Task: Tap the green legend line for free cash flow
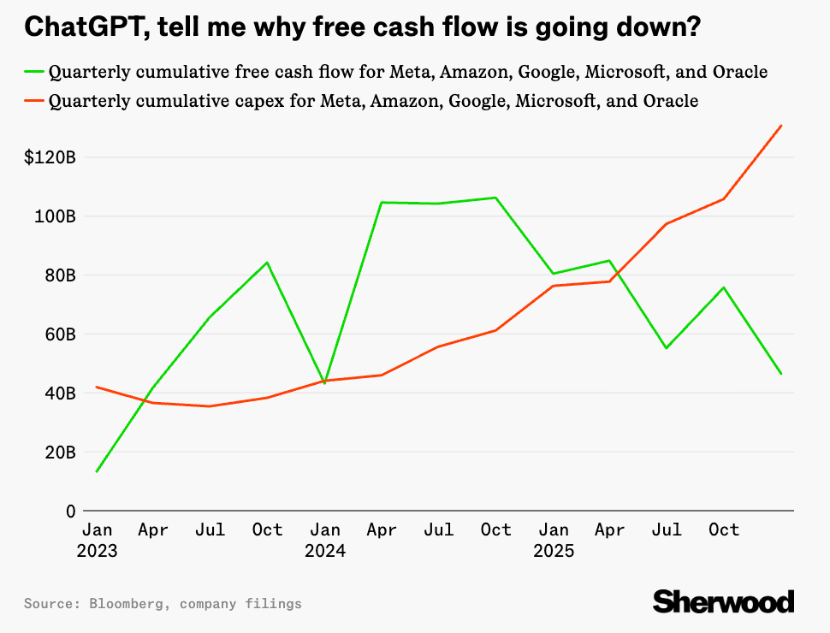(x=34, y=72)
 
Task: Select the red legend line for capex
(x=34, y=102)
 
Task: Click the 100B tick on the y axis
(x=56, y=216)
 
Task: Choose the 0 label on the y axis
(x=71, y=512)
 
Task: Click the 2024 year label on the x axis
(x=325, y=551)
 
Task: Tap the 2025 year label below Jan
(x=553, y=551)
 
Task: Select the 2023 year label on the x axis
(x=97, y=551)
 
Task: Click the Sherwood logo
(x=724, y=601)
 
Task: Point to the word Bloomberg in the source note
(x=126, y=604)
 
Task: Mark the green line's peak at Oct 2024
(x=496, y=198)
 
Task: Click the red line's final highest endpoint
(x=781, y=126)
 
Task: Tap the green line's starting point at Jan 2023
(x=97, y=471)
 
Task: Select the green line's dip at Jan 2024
(x=324, y=382)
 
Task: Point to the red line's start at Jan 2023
(x=97, y=387)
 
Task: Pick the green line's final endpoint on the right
(x=781, y=374)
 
